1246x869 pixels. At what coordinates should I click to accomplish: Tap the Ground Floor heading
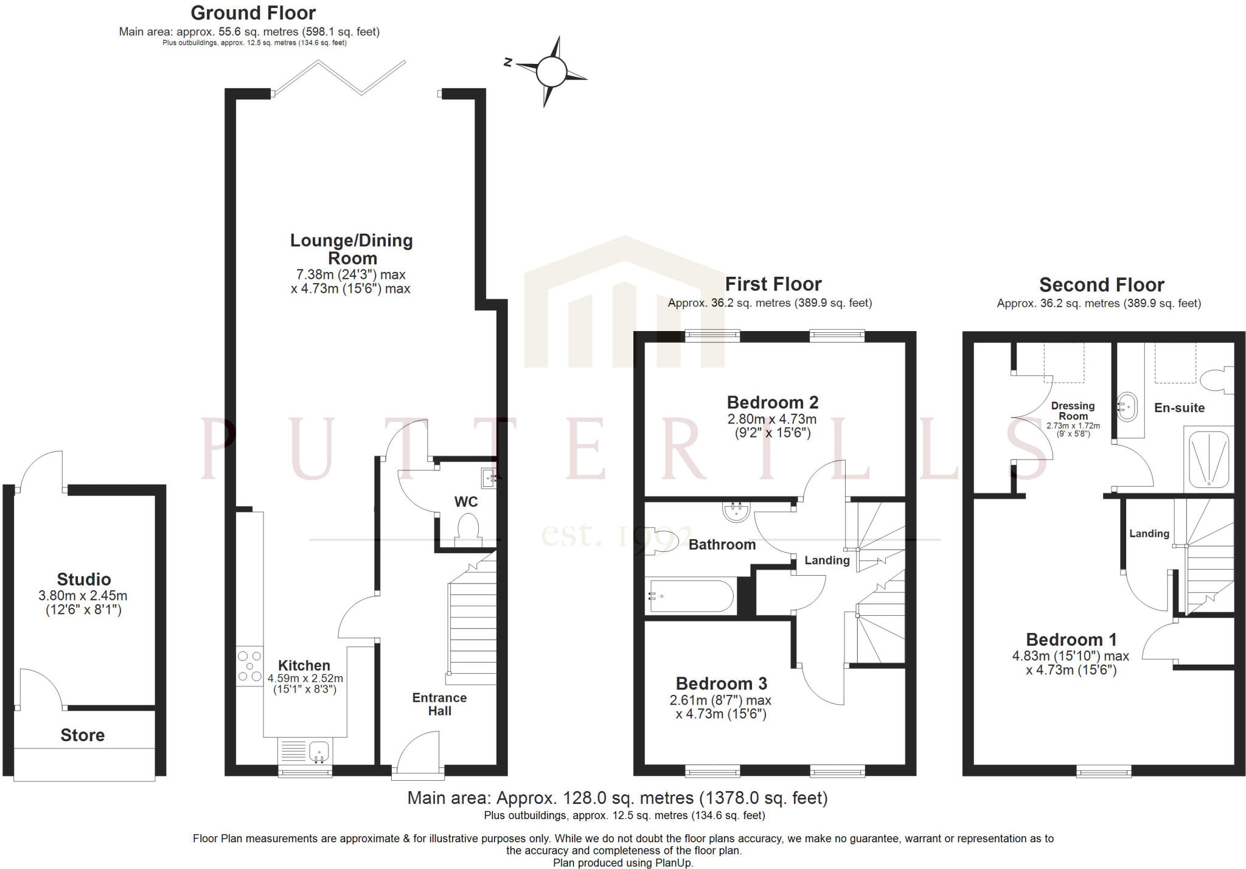point(253,13)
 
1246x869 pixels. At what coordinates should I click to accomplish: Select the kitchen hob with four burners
point(249,666)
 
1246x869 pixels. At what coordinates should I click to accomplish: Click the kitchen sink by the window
point(319,752)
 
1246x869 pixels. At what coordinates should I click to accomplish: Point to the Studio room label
point(84,579)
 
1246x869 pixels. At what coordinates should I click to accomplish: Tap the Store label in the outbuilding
point(83,735)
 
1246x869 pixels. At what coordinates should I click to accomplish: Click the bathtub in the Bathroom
point(691,596)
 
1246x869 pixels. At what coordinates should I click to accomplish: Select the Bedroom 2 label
point(773,402)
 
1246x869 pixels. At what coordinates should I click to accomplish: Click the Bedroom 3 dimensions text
point(721,707)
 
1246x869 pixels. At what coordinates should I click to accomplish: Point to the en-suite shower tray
point(1208,460)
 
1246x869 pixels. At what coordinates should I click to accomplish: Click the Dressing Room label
point(1073,411)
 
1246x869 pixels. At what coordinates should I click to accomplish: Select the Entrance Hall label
point(439,704)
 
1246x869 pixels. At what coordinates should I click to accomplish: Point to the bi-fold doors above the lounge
point(339,77)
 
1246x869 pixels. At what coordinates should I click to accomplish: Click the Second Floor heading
point(1101,285)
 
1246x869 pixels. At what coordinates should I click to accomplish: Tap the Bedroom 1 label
point(1071,640)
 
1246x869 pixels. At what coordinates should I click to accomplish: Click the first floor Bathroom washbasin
point(737,512)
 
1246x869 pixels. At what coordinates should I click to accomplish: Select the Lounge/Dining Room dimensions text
point(351,282)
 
